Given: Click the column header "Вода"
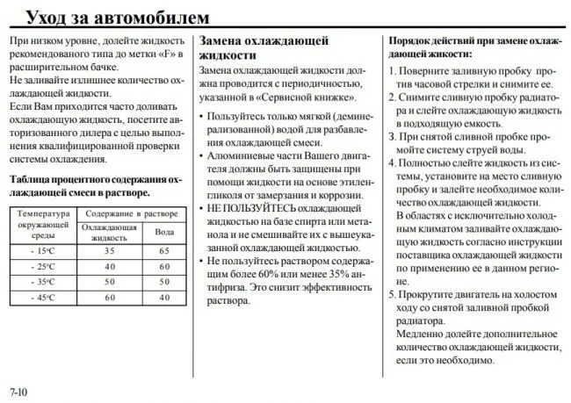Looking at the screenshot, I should (x=163, y=232).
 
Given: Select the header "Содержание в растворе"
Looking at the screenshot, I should (x=132, y=213).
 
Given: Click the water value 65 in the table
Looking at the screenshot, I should (x=163, y=251).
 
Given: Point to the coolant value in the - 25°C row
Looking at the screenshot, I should (x=110, y=266).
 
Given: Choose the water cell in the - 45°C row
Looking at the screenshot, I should (x=163, y=297).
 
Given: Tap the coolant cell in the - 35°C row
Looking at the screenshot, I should (x=110, y=282).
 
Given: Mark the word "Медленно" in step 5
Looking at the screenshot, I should (x=421, y=335).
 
